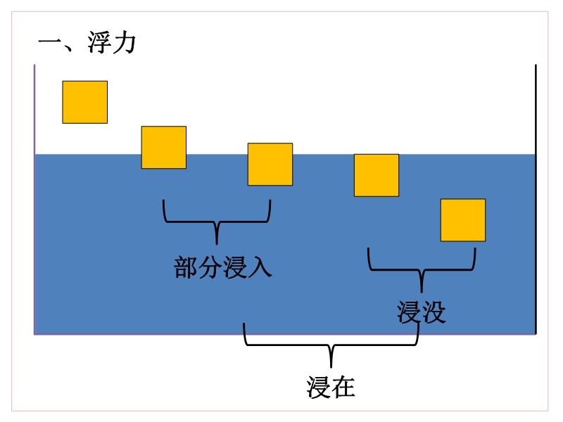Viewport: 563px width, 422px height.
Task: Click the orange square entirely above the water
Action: click(x=85, y=102)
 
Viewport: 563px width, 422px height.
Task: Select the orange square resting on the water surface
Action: click(x=164, y=147)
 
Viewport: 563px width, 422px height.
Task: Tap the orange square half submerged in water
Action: click(x=270, y=164)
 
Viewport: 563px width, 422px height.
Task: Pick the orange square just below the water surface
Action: click(x=377, y=175)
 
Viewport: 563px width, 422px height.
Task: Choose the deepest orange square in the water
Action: click(x=463, y=220)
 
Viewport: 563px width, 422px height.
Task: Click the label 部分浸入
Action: click(x=223, y=268)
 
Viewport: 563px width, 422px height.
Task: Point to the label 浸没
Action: click(x=422, y=312)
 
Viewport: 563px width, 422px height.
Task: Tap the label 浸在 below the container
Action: click(x=331, y=387)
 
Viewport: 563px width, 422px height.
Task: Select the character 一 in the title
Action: click(x=51, y=44)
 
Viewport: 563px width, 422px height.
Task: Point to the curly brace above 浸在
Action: click(x=331, y=345)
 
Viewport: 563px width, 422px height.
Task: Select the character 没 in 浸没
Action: click(x=434, y=312)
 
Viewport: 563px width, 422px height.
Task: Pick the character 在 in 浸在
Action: click(x=343, y=387)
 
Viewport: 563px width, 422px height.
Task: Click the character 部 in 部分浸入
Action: click(x=186, y=268)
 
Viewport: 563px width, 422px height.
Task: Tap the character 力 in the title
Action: click(x=125, y=44)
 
